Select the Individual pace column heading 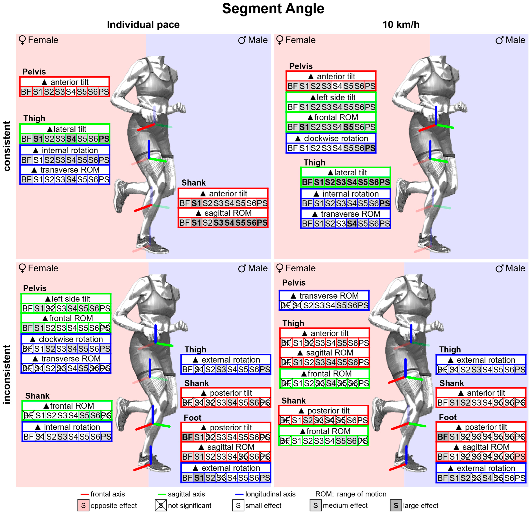[143, 25]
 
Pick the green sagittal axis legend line [162, 494]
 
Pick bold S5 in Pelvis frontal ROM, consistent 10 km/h [348, 127]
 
